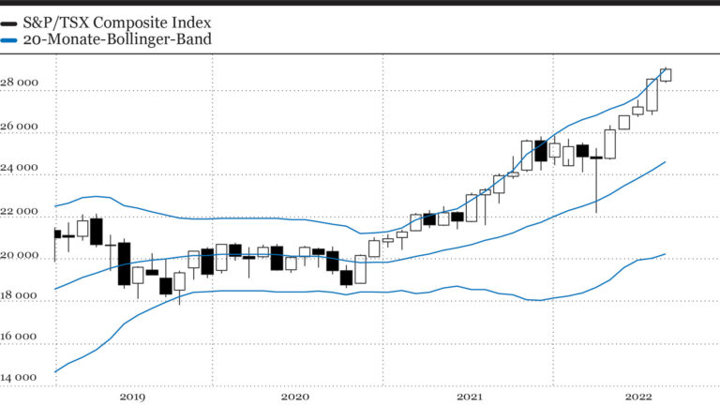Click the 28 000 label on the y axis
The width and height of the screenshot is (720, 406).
(x=21, y=83)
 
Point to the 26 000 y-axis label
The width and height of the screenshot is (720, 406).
(x=21, y=127)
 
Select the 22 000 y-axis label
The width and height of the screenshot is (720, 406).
(x=21, y=213)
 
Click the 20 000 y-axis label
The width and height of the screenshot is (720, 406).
(x=21, y=256)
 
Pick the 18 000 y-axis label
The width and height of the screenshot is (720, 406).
(x=21, y=296)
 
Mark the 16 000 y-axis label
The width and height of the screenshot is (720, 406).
(x=21, y=337)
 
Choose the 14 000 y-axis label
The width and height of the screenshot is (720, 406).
(x=21, y=378)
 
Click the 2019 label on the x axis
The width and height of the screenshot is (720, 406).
(x=132, y=397)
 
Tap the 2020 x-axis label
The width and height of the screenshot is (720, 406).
(x=294, y=397)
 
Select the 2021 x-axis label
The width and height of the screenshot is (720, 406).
(x=469, y=397)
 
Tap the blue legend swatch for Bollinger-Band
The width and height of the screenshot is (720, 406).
(x=7, y=40)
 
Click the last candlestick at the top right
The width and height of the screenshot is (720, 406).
(x=665, y=75)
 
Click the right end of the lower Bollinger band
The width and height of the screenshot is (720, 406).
(x=665, y=253)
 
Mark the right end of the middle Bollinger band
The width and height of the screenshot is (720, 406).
(x=665, y=161)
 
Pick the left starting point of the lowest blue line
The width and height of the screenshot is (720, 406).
(x=55, y=371)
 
